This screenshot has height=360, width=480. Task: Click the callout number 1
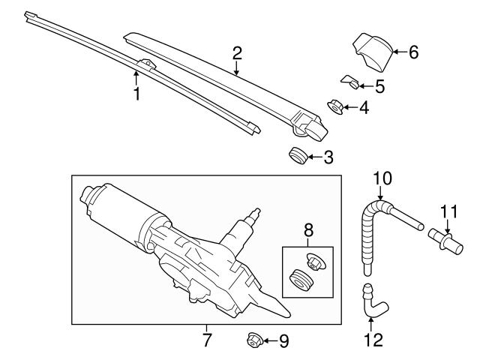pos(136,94)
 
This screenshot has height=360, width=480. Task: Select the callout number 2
pos(237,52)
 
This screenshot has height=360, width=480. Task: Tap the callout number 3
pos(328,157)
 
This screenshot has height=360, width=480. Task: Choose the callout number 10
pos(382,178)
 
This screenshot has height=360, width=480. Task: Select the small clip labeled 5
pos(349,81)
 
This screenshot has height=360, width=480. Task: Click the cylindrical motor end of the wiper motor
pos(97,202)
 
